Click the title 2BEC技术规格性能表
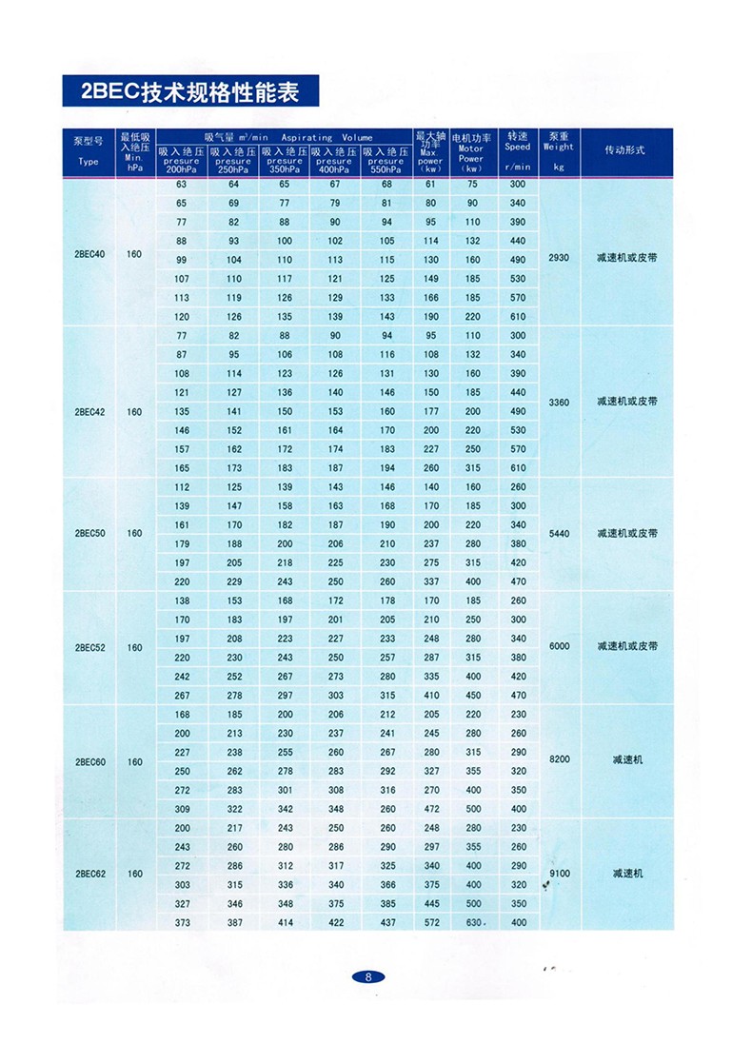tap(189, 92)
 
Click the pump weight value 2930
tap(559, 258)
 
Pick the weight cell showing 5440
tap(559, 533)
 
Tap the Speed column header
tap(517, 152)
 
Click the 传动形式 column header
tap(625, 151)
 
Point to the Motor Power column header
tap(470, 152)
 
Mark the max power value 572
tap(432, 922)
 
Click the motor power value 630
tap(473, 922)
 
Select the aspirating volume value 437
tap(386, 922)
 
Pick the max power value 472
tap(432, 809)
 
